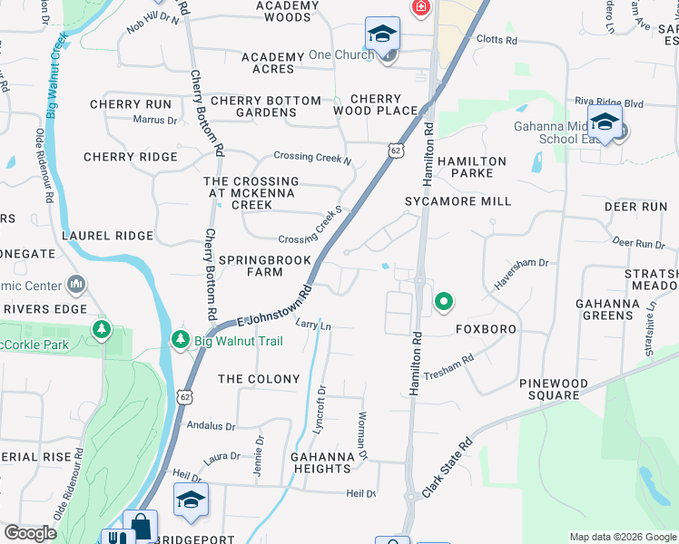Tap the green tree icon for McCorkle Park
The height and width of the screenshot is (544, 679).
102,327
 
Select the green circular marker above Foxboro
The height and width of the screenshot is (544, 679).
443,302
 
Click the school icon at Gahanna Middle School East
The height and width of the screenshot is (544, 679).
604,121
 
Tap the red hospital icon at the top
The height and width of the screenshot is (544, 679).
420,8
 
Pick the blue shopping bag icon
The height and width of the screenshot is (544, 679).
141,527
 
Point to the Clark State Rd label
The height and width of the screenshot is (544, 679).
448,469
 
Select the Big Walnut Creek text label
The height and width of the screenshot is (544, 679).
53,77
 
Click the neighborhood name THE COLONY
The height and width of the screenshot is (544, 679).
259,379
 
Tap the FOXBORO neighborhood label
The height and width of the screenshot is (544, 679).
486,329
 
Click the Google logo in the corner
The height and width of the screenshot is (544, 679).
31,533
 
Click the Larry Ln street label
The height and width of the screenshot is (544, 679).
313,325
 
